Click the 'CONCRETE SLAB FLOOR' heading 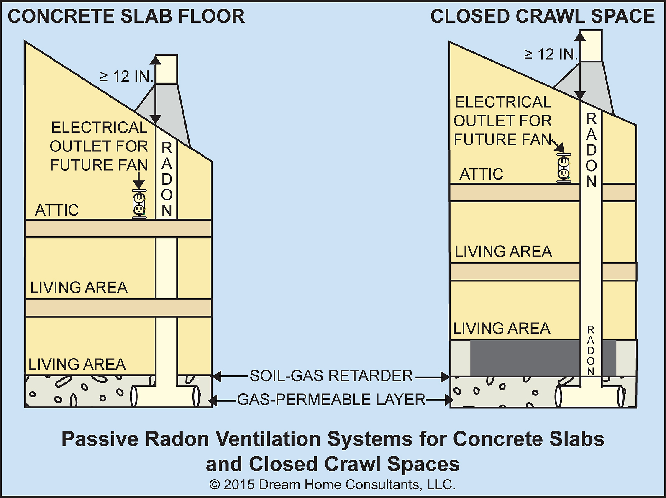[126, 16]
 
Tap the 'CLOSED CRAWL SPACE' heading [542, 16]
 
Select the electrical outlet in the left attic [139, 204]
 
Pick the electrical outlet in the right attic [564, 168]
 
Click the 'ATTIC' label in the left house [57, 210]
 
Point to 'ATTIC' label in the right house [481, 174]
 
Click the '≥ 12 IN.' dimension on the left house [127, 77]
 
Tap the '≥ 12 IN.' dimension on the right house [551, 54]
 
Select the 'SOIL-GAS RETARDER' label [331, 376]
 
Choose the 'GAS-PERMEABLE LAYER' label [331, 400]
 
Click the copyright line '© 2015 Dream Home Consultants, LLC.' [333, 485]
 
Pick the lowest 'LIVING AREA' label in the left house [77, 365]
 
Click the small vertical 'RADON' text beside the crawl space [590, 351]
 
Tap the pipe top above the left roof [166, 69]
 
